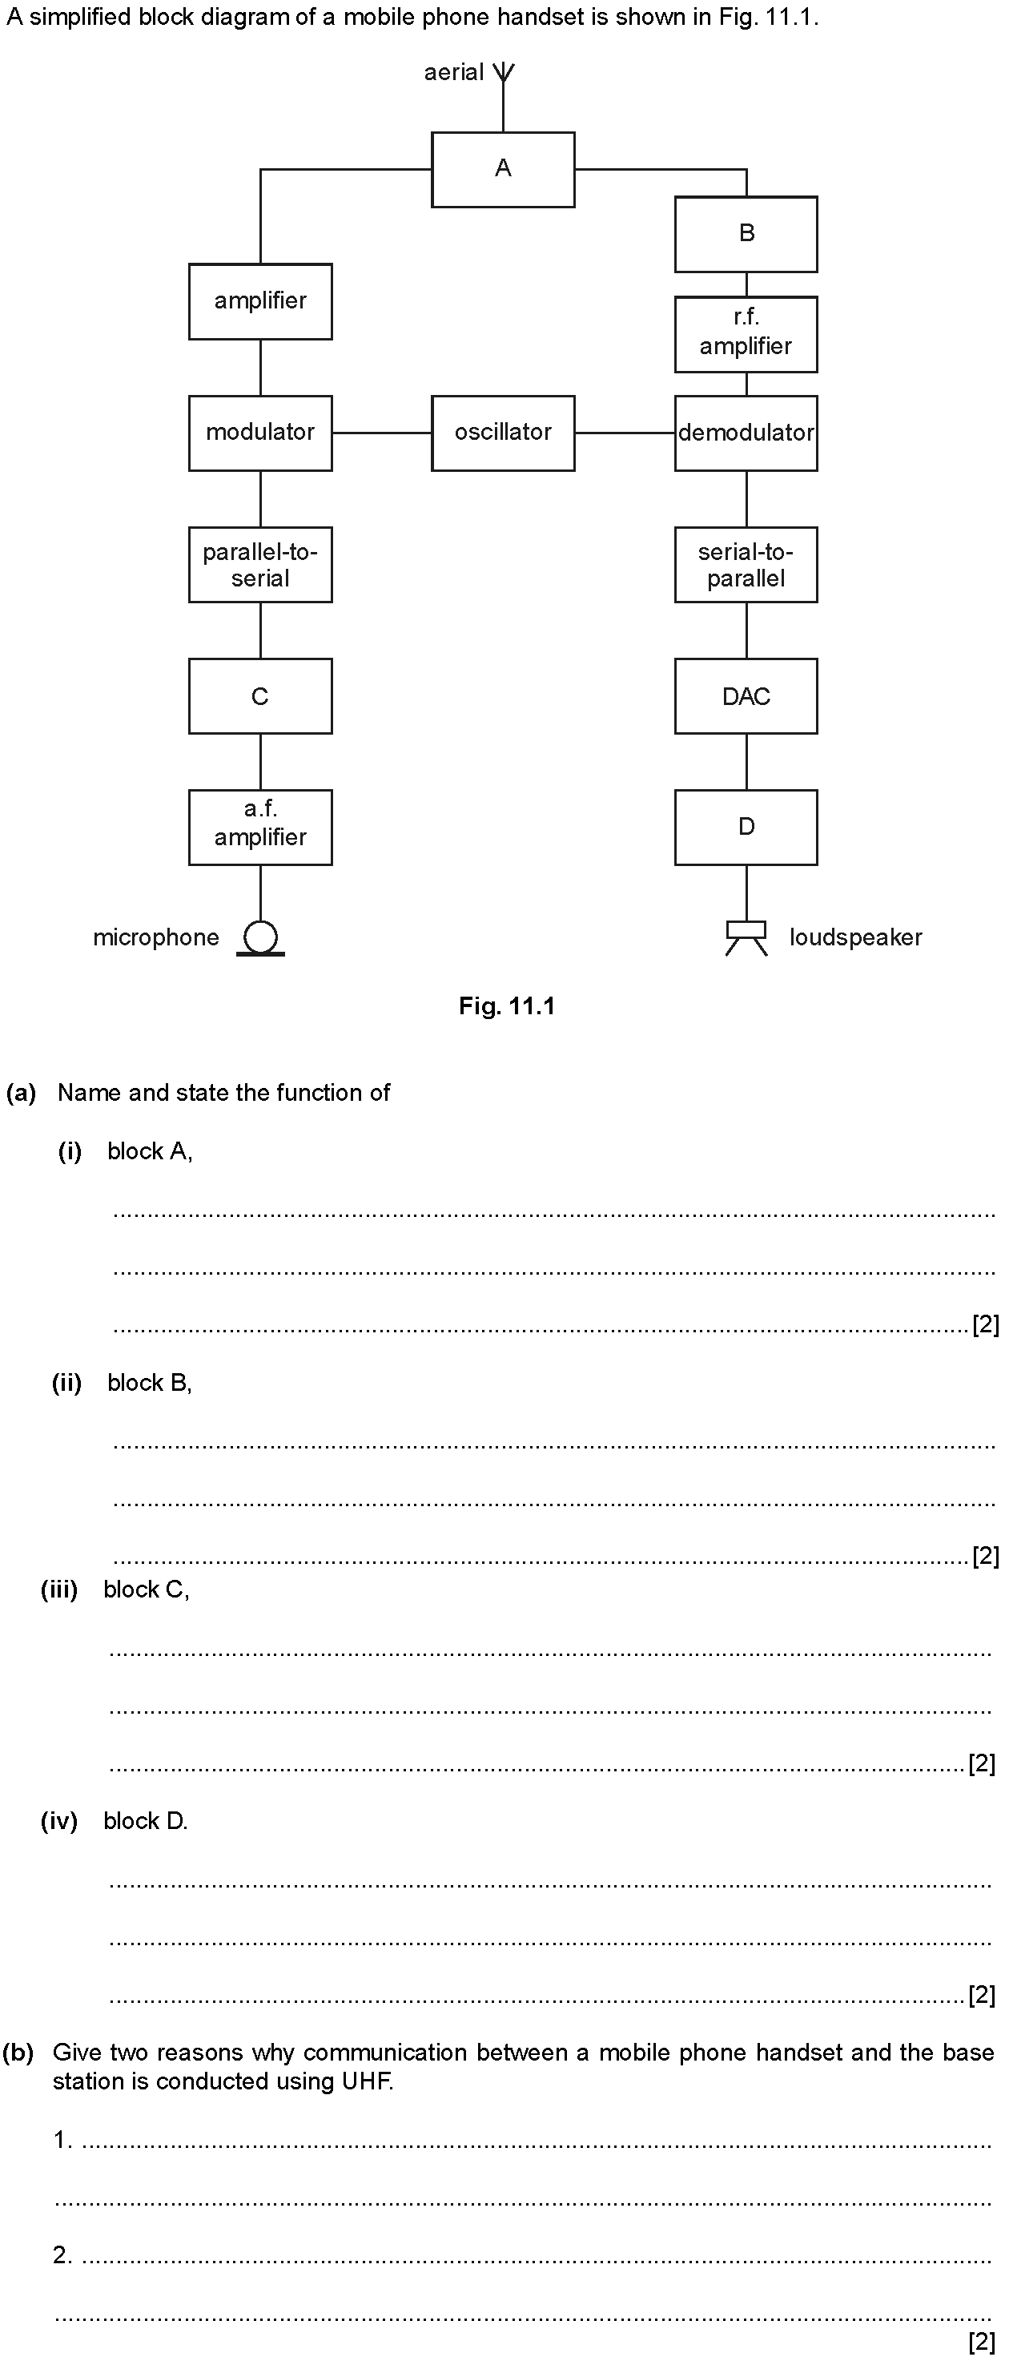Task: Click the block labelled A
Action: (503, 170)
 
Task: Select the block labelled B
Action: (746, 235)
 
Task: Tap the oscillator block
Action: (503, 433)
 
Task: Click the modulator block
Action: (260, 433)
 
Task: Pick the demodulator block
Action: (746, 433)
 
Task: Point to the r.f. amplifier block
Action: (746, 335)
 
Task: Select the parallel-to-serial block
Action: (260, 565)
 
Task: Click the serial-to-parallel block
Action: (746, 565)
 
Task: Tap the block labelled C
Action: (260, 695)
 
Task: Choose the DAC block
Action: (746, 695)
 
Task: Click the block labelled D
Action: (746, 828)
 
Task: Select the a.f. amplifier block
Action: (260, 828)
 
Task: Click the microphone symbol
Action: (260, 938)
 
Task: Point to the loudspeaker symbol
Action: (746, 937)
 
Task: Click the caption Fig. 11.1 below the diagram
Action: (507, 1006)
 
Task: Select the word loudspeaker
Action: (856, 937)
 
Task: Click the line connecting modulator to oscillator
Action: (382, 433)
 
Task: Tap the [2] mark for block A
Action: (985, 1324)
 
